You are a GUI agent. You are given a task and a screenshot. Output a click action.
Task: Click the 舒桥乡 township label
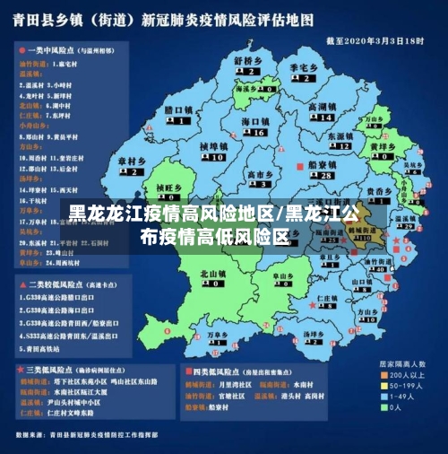247,61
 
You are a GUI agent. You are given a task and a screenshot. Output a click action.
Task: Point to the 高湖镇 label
321,107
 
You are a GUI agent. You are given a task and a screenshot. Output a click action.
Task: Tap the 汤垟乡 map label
313,335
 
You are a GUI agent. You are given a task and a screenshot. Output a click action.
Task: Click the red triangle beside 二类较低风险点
20,282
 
